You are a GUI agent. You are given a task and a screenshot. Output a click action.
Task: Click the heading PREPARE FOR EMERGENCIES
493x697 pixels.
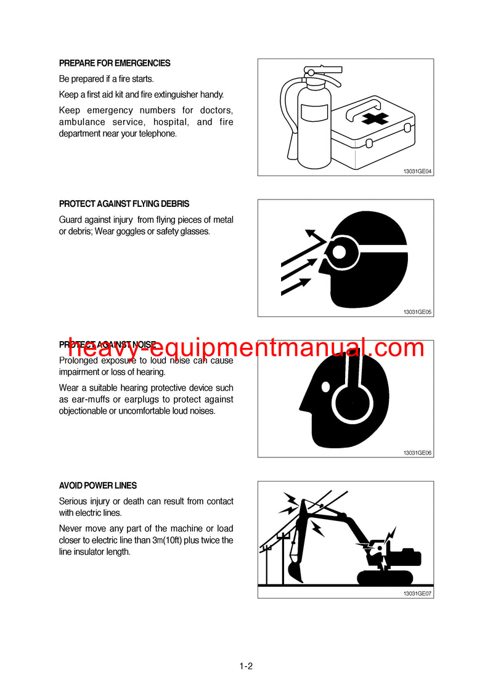(115, 63)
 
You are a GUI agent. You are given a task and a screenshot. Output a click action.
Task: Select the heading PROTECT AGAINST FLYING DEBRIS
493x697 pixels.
(124, 204)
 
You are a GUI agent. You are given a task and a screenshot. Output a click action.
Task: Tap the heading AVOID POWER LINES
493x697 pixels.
(98, 486)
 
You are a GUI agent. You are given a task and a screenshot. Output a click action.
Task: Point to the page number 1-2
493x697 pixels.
(246, 666)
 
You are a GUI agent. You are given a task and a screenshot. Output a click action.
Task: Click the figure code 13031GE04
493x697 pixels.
(418, 171)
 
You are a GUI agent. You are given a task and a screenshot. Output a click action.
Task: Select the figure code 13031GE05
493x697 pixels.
(418, 312)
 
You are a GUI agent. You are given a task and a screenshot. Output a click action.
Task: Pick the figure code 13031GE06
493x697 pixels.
(418, 453)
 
